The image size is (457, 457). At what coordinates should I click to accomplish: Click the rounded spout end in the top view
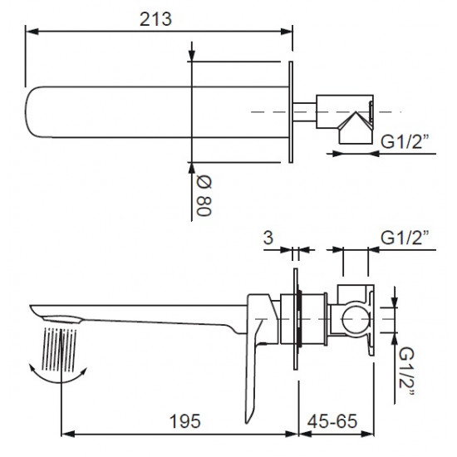pos(33,112)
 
